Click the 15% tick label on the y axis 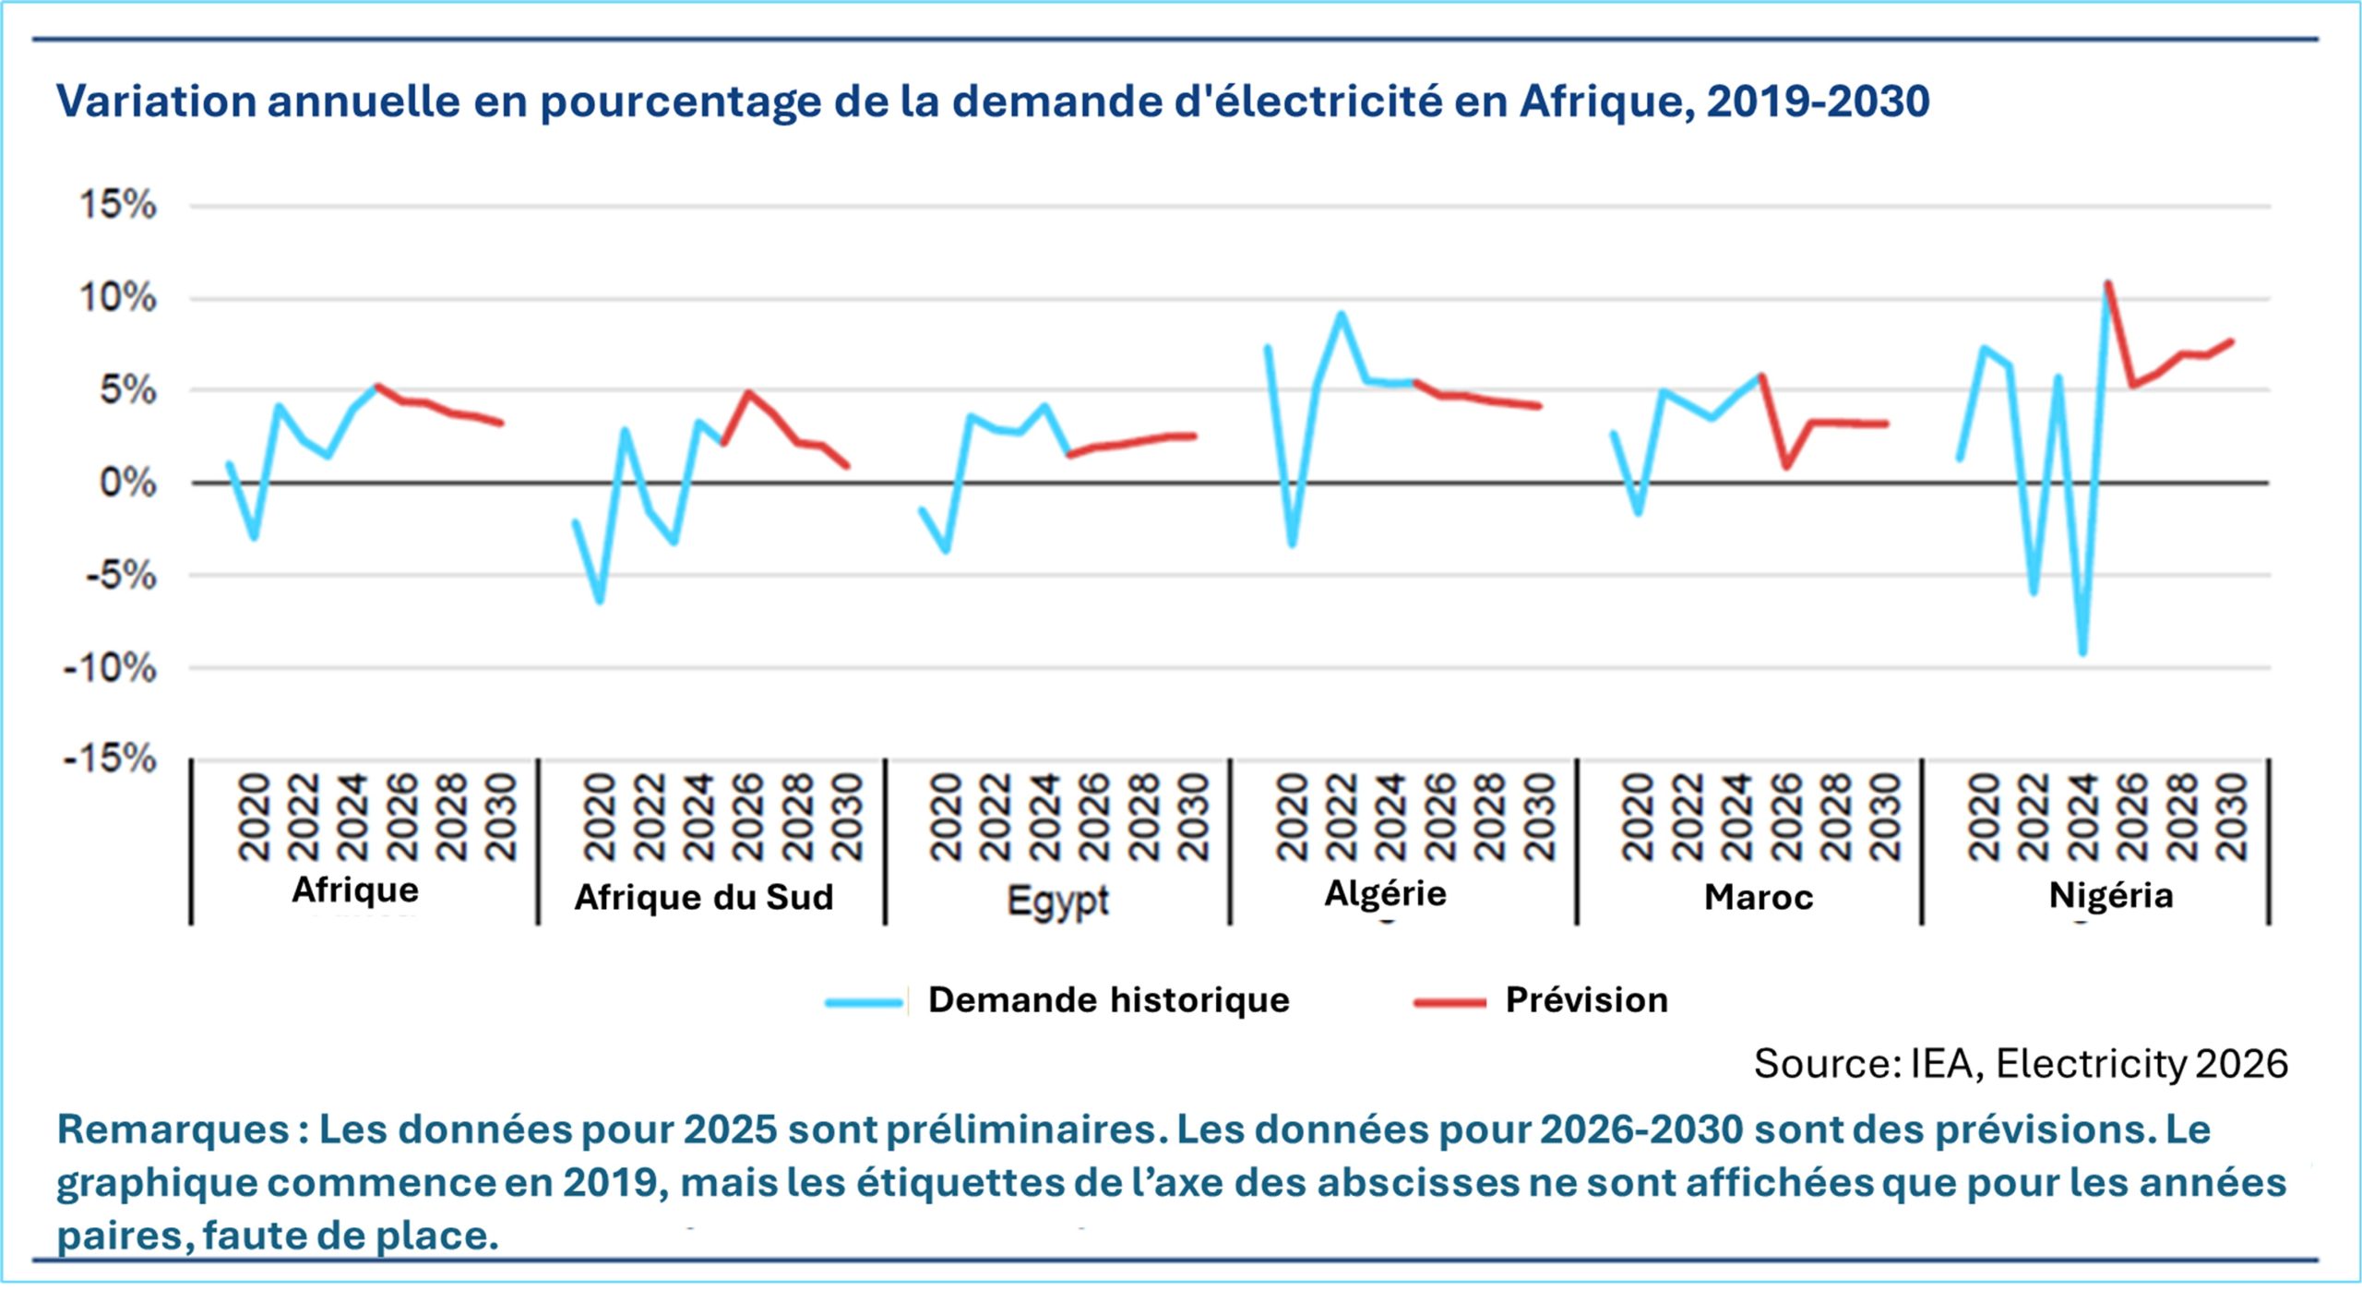click(118, 204)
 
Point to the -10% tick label click(109, 667)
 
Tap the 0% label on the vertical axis click(127, 483)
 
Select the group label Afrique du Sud click(704, 897)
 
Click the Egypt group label click(1058, 899)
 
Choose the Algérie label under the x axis click(1386, 893)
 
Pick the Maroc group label click(1759, 897)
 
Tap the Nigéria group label click(2111, 895)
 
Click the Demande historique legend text click(1108, 1000)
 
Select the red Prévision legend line click(1449, 1002)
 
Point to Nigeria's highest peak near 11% click(2107, 283)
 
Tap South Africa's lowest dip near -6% click(600, 602)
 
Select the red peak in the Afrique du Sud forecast click(748, 392)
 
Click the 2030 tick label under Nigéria click(2232, 818)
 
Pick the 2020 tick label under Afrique click(254, 818)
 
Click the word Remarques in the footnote click(173, 1129)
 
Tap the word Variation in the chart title click(156, 101)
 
